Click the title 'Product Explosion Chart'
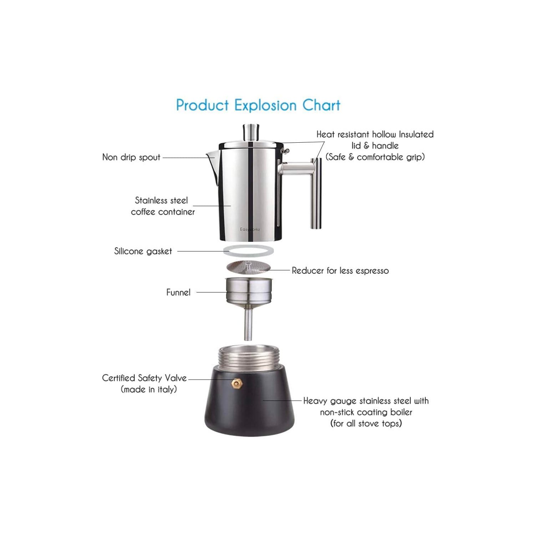pyautogui.click(x=258, y=106)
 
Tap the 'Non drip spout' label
pyautogui.click(x=131, y=157)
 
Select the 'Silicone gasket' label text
pyautogui.click(x=143, y=251)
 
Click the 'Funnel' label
pyautogui.click(x=178, y=292)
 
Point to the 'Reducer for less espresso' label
pyautogui.click(x=340, y=271)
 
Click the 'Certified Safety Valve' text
pyautogui.click(x=144, y=378)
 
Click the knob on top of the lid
pyautogui.click(x=251, y=132)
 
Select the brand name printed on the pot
pyautogui.click(x=250, y=229)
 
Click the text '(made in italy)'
pyautogui.click(x=149, y=389)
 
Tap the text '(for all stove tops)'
pyautogui.click(x=366, y=424)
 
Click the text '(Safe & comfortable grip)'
pyautogui.click(x=375, y=157)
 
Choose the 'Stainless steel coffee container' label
pyautogui.click(x=163, y=206)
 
